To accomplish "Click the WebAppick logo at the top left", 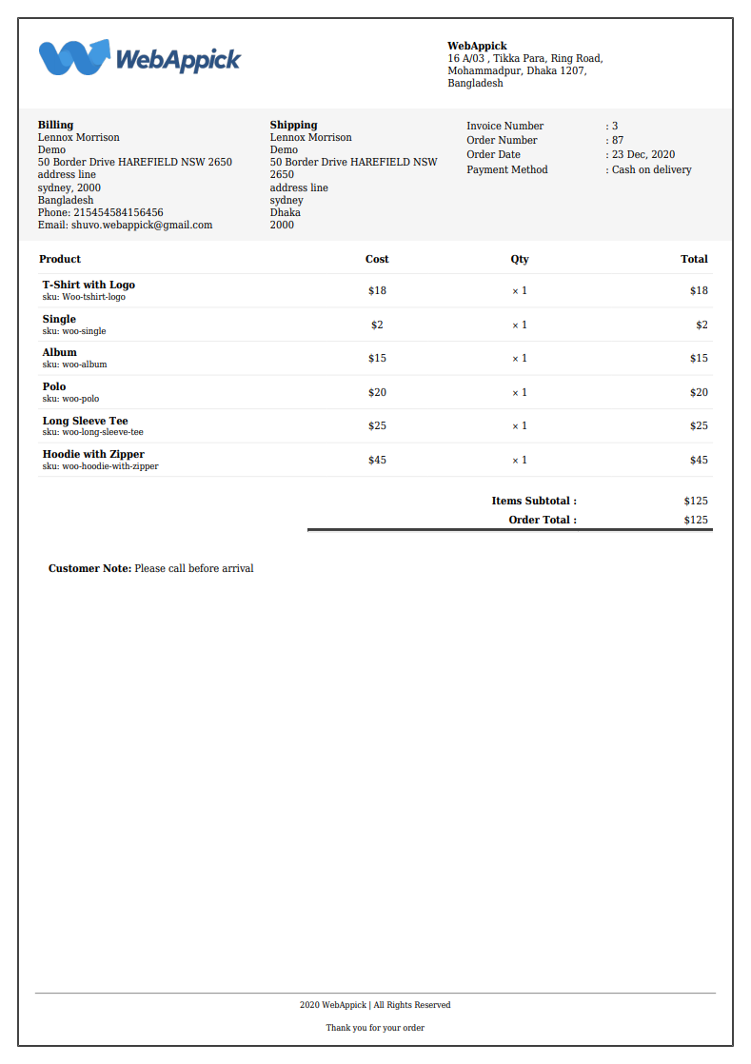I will [x=140, y=58].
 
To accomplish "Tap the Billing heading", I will [x=55, y=125].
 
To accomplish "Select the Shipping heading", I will [x=293, y=125].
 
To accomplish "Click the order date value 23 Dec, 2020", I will [x=643, y=154].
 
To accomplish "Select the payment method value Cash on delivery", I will [x=651, y=169].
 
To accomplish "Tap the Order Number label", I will [x=502, y=140].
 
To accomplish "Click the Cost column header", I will [x=377, y=259].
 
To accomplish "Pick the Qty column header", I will [x=520, y=259].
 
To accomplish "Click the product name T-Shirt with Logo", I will [x=89, y=285].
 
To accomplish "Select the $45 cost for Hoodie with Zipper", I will [x=377, y=460].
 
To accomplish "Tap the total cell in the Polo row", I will [x=699, y=392].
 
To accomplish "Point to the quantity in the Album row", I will [x=520, y=359].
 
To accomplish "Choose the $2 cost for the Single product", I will [x=377, y=325].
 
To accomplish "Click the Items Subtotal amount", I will [x=696, y=501].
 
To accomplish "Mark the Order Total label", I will [x=543, y=520].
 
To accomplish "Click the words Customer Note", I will [x=89, y=568].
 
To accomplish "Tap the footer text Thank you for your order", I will [x=375, y=1028].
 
